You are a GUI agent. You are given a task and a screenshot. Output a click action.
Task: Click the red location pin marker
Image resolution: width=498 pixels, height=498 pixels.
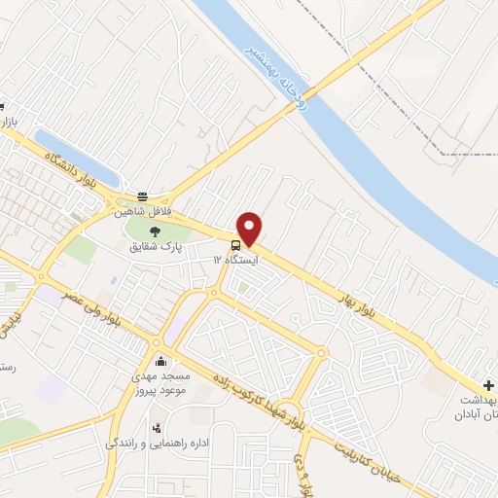pyautogui.click(x=250, y=229)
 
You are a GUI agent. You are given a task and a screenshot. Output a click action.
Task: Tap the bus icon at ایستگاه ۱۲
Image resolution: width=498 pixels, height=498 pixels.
pyautogui.click(x=236, y=244)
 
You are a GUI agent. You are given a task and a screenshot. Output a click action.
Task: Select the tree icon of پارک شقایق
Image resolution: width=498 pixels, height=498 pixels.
pyautogui.click(x=156, y=231)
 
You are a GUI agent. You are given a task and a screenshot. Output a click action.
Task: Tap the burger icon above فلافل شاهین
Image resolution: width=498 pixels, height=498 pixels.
pyautogui.click(x=143, y=196)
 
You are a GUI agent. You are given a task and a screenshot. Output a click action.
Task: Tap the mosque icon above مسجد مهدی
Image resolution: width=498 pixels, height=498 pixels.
pyautogui.click(x=160, y=363)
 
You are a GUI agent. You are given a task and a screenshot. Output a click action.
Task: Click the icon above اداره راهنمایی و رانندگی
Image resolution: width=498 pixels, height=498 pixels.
pyautogui.click(x=156, y=427)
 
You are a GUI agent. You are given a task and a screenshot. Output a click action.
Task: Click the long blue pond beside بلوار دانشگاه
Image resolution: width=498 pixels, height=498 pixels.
pyautogui.click(x=76, y=157)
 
